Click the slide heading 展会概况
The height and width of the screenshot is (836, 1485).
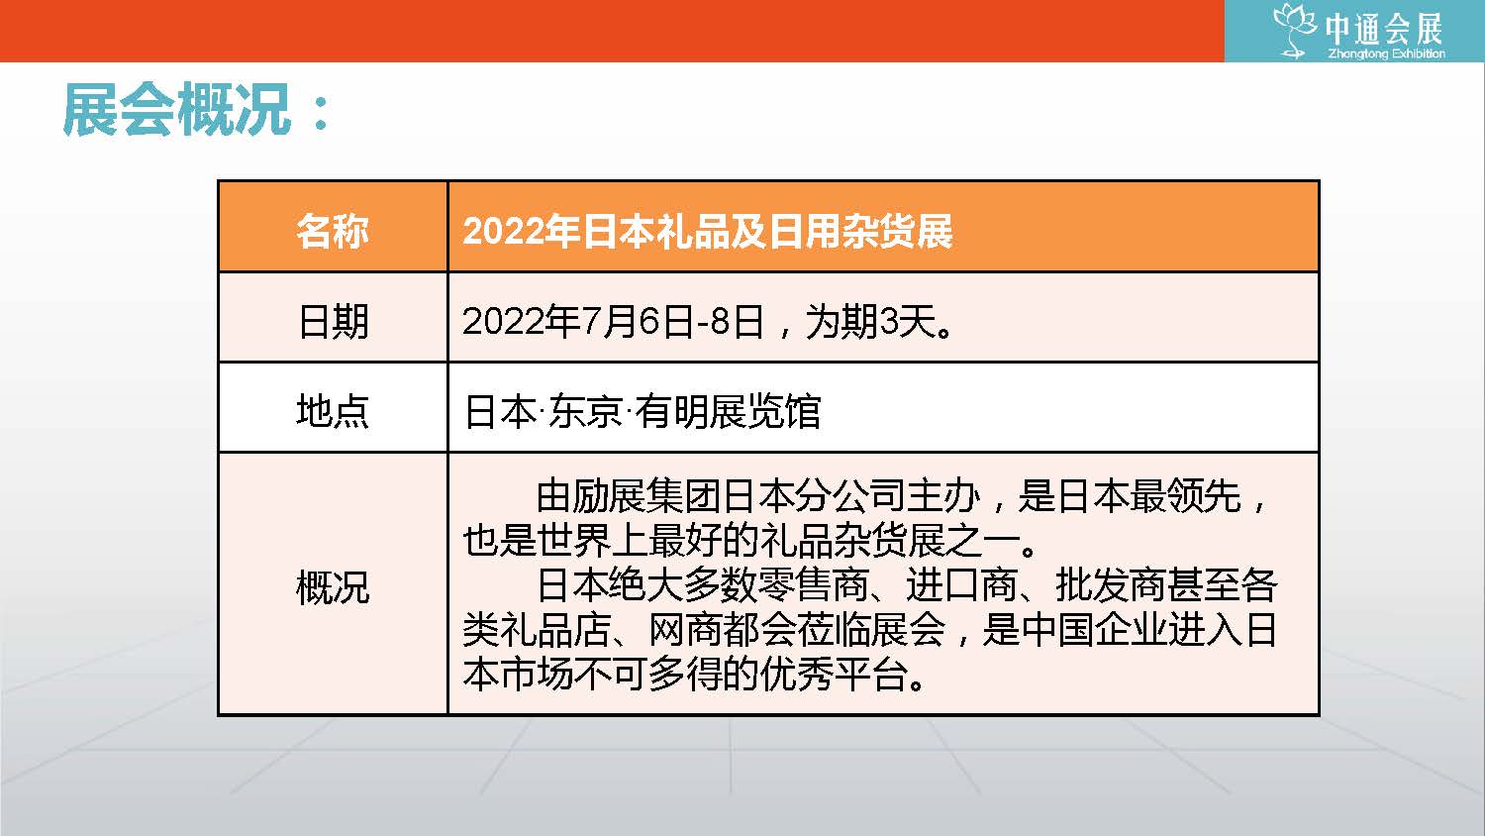click(x=177, y=110)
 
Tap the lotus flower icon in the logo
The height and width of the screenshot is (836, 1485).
click(x=1294, y=31)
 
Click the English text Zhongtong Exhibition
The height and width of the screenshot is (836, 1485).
click(x=1386, y=53)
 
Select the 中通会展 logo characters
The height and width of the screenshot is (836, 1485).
click(x=1384, y=29)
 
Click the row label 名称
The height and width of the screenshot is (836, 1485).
click(x=332, y=232)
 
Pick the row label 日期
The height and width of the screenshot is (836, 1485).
click(x=333, y=321)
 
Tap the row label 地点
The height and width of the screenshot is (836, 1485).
click(x=332, y=411)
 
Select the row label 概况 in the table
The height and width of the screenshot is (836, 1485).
click(x=332, y=587)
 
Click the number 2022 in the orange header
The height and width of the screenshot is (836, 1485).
click(x=501, y=232)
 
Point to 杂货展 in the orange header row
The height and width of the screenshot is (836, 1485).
click(x=897, y=232)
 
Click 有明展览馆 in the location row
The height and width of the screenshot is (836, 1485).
click(x=728, y=411)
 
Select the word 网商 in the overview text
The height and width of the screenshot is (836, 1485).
click(x=685, y=630)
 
